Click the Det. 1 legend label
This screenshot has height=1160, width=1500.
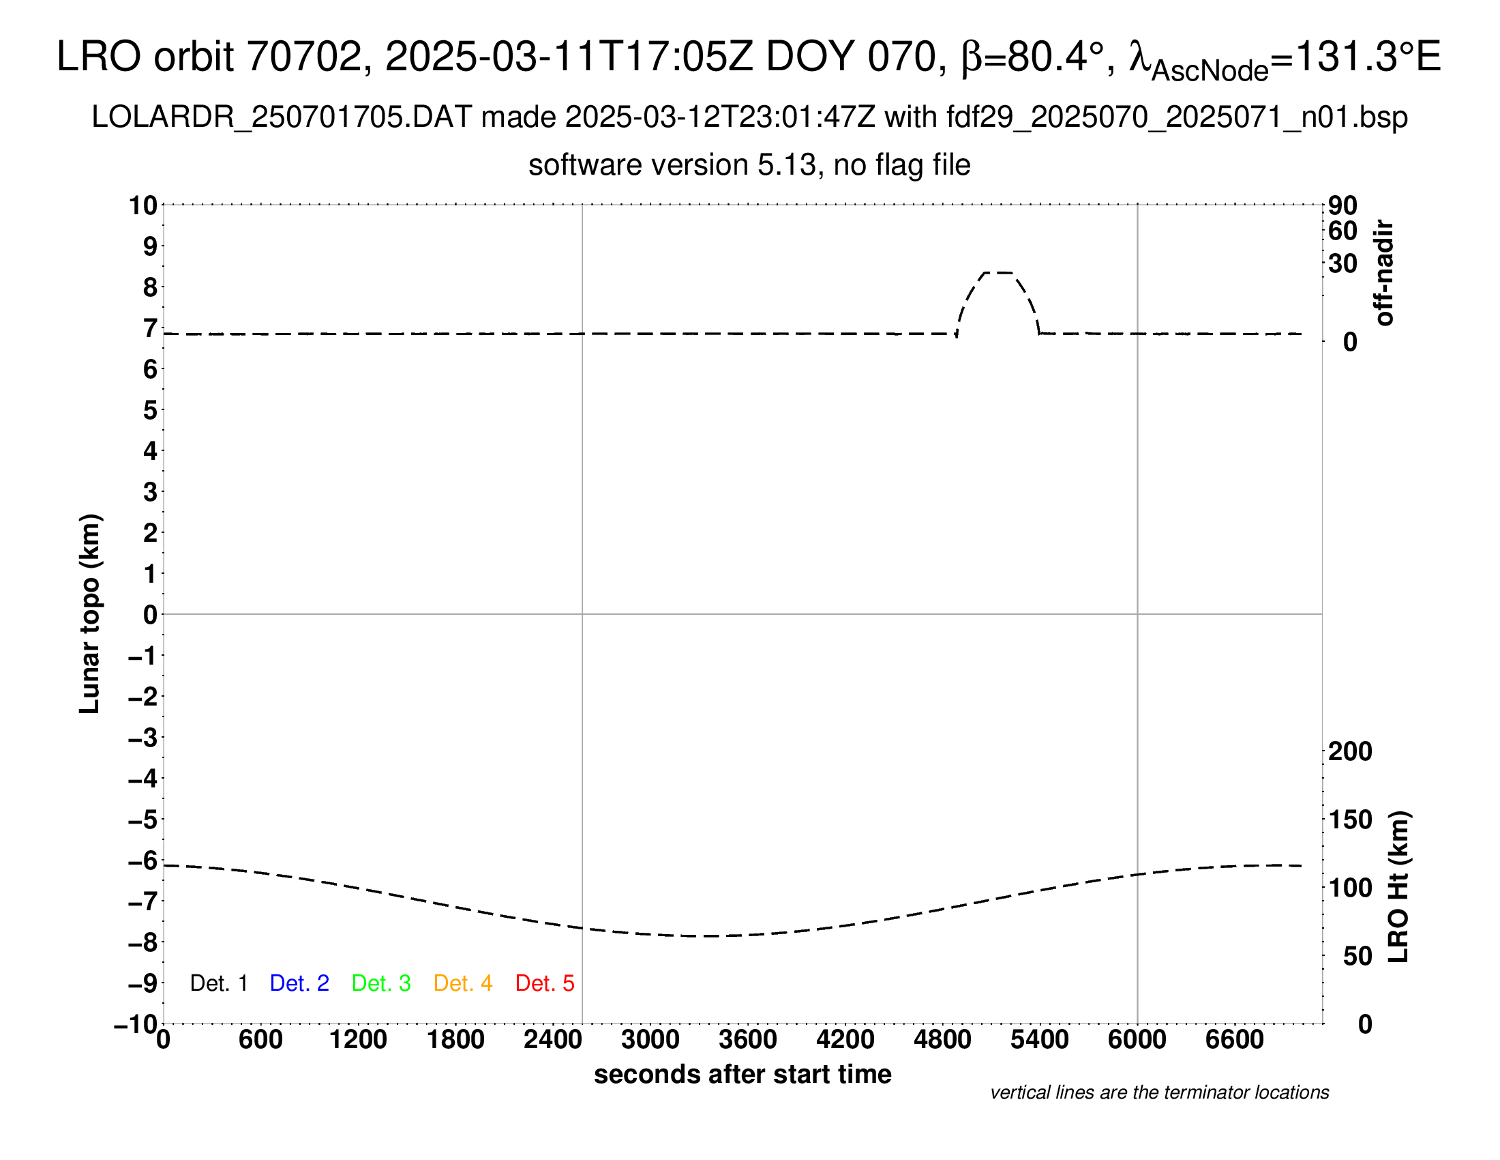[218, 983]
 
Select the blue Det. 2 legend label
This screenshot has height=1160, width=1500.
[299, 983]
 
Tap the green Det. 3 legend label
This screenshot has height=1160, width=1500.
[381, 983]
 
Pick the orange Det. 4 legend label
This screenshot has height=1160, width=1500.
[463, 983]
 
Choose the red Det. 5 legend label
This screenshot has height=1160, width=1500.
[545, 983]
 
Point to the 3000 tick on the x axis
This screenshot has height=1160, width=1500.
[650, 1039]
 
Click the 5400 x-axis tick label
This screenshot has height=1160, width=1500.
[1039, 1039]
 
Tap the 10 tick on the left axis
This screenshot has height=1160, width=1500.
[144, 205]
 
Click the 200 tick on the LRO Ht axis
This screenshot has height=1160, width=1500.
[1349, 751]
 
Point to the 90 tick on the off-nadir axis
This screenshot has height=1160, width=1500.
[1342, 205]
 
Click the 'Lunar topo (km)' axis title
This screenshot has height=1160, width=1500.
[90, 613]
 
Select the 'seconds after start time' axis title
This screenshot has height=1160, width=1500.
[742, 1074]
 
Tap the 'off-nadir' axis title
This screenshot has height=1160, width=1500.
[1384, 273]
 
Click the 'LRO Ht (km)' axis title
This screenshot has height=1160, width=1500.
[1398, 887]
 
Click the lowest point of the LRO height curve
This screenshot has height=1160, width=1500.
[708, 936]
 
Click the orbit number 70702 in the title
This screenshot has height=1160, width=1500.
[304, 57]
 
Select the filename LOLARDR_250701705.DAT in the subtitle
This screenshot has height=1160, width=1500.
[282, 117]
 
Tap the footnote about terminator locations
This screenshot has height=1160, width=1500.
[1159, 1092]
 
